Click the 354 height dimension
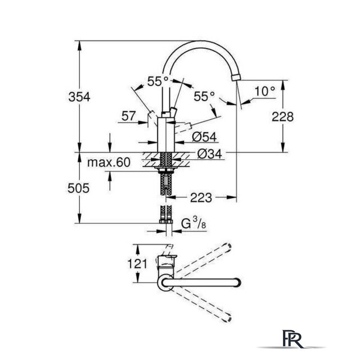pos(79,97)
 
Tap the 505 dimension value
pos(78,188)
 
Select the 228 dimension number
pos(282,116)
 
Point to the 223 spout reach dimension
pos(201,197)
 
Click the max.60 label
pos(109,163)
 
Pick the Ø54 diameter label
pos(204,137)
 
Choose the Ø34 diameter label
pos(210,154)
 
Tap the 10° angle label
pos(264,91)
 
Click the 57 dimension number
pos(129,116)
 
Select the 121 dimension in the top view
pos(137,264)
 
